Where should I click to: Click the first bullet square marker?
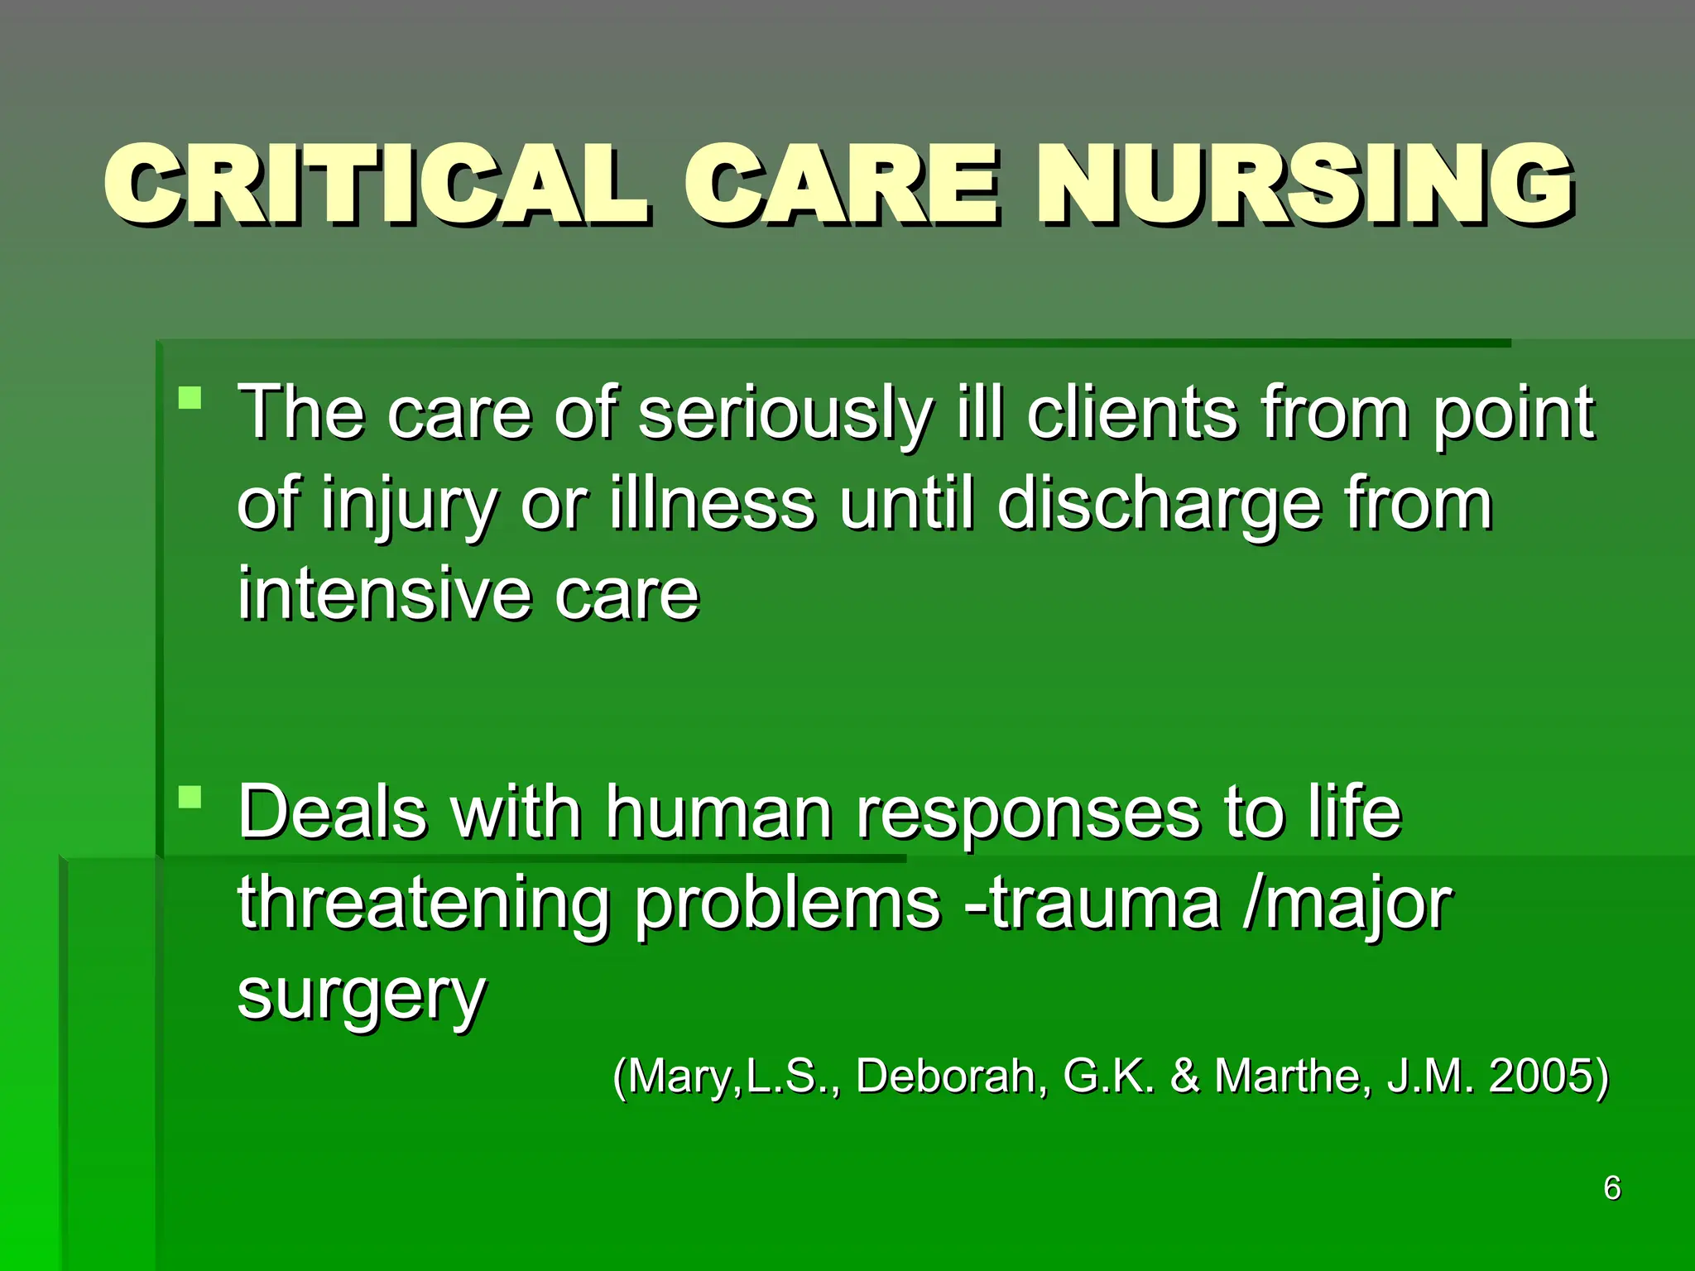pos(190,399)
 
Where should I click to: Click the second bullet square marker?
pos(190,798)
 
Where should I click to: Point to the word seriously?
pos(785,414)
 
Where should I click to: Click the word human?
pos(718,813)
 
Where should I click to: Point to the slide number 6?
pos(1611,1188)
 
